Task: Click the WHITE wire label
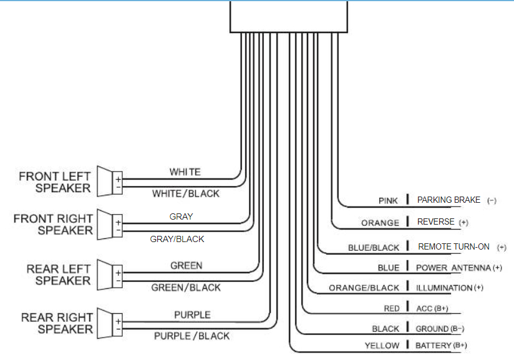185,172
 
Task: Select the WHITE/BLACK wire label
186,193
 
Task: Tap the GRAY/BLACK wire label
177,239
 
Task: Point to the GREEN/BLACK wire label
186,288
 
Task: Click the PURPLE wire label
192,315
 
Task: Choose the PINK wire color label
388,201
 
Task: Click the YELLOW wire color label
382,346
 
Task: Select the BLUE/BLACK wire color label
373,248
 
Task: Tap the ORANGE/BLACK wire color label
364,288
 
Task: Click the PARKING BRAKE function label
449,200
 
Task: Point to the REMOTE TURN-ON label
453,247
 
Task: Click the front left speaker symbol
112,183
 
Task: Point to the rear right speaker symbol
112,323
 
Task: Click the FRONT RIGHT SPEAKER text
53,225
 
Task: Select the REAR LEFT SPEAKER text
59,275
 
